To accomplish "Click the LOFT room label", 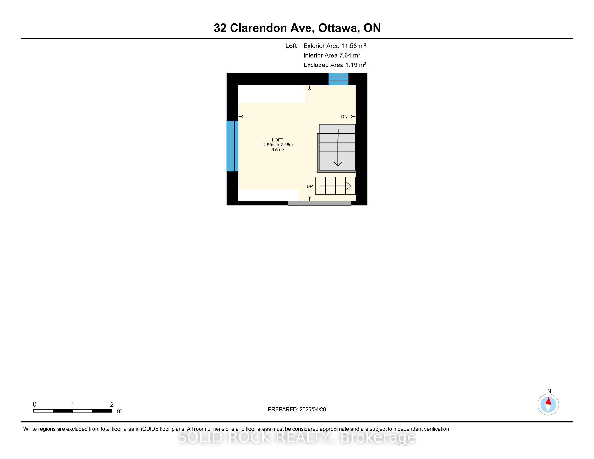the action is [278, 140].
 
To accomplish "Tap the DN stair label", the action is [344, 117].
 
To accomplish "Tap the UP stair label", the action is [310, 187].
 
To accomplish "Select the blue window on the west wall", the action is [232, 146].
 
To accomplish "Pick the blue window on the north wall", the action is [338, 79].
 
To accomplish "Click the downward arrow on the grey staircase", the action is [338, 148].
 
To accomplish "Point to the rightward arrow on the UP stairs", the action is [335, 186].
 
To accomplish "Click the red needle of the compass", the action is [548, 401].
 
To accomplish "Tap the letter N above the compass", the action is [549, 391].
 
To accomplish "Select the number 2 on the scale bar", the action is [112, 404].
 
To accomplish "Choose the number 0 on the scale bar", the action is [35, 404].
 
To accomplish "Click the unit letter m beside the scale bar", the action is [119, 411].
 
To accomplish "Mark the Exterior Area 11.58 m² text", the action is [335, 46].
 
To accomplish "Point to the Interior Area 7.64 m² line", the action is [332, 55].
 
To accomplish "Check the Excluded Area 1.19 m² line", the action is [335, 65].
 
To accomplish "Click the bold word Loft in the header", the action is [291, 46].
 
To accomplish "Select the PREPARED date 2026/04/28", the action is [312, 410].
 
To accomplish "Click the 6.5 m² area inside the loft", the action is [278, 150].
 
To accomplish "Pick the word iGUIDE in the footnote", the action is [150, 429].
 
